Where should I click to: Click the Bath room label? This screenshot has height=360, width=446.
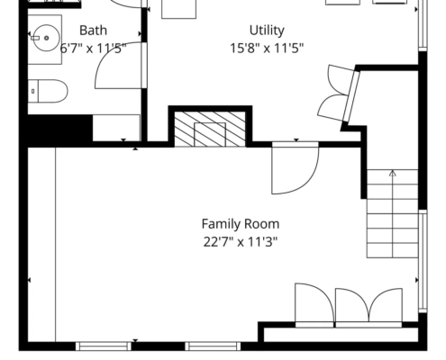93,31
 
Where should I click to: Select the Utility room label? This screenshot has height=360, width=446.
267,31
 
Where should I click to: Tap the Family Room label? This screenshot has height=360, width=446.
241,224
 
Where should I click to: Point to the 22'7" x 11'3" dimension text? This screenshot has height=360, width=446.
241,241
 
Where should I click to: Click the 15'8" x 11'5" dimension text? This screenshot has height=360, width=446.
267,48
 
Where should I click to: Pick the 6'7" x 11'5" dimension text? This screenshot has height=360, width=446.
93,48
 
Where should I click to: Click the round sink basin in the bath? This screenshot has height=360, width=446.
46,38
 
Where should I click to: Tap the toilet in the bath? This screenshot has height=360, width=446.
48,91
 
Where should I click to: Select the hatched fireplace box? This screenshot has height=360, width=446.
210,129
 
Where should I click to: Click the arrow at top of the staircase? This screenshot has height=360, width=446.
393,173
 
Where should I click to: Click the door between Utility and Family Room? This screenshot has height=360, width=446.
295,168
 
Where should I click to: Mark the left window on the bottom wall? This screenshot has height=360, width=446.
104,346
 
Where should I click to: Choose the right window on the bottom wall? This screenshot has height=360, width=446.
213,346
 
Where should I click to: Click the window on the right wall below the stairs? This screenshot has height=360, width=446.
423,261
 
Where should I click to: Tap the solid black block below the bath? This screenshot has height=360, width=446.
60,129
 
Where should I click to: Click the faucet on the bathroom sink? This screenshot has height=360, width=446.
35,38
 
